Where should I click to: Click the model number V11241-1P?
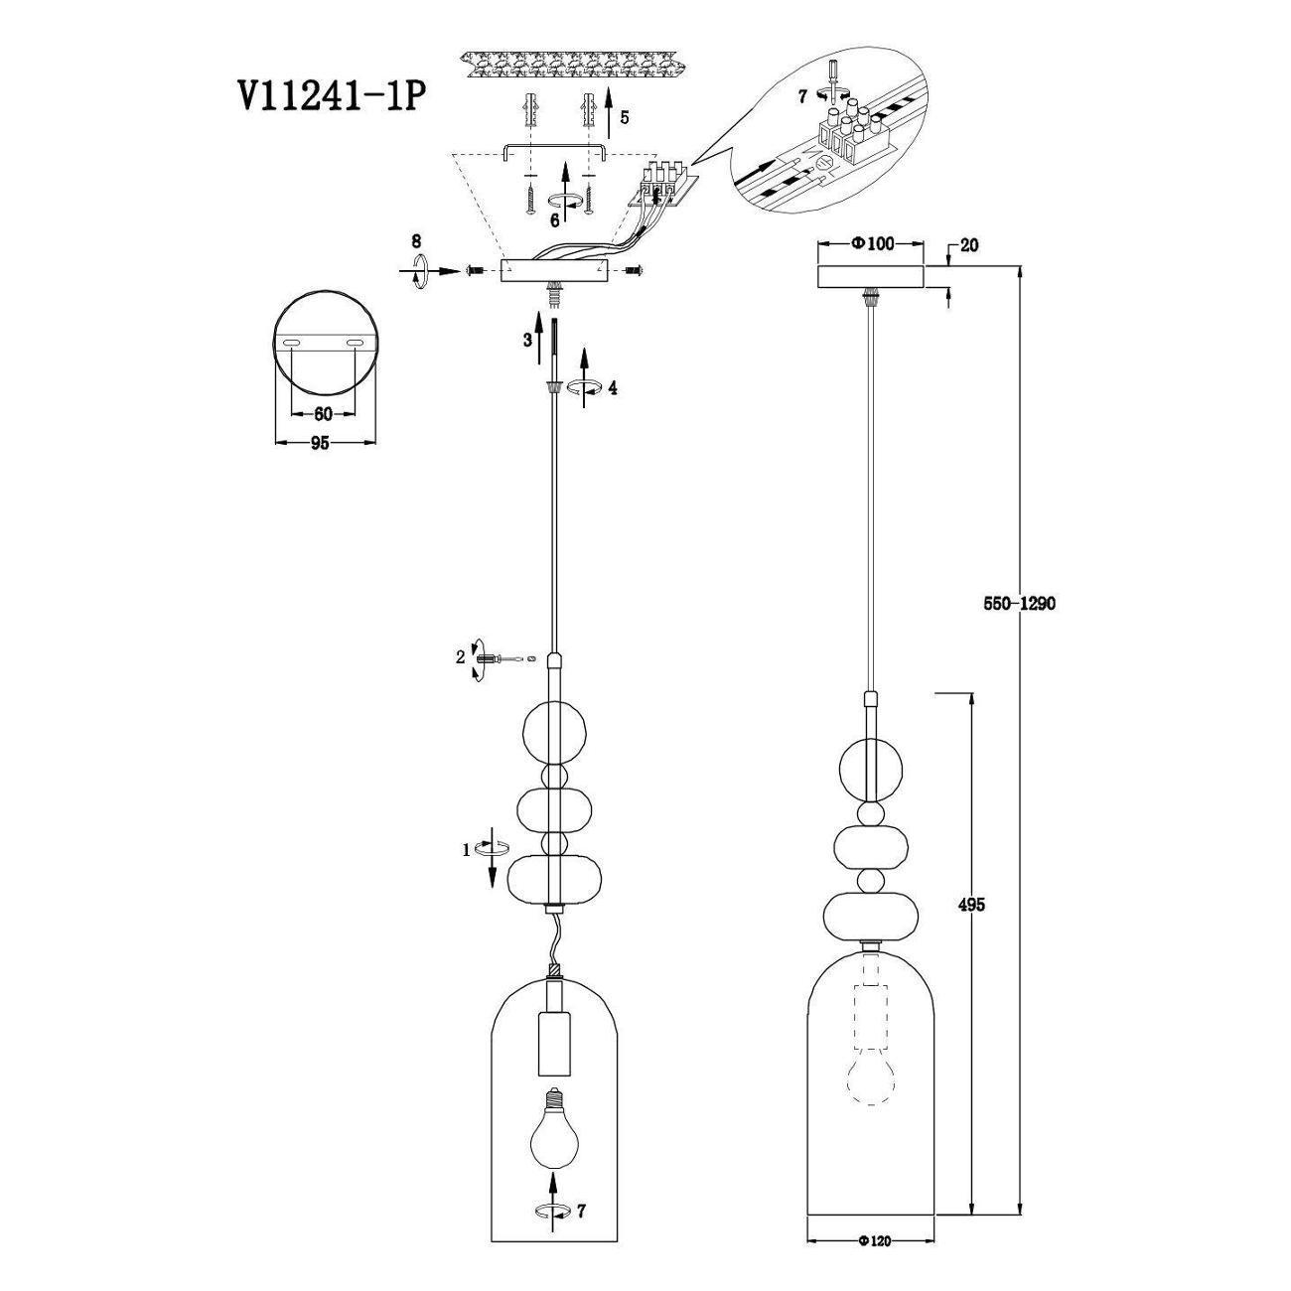click(x=331, y=97)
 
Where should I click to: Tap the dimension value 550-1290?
click(x=1019, y=604)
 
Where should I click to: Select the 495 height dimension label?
click(x=971, y=905)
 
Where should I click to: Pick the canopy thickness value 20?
click(x=969, y=245)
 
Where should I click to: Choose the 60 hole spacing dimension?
click(x=323, y=414)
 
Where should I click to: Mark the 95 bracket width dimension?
click(x=321, y=443)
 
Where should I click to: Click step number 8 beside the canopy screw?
click(x=417, y=240)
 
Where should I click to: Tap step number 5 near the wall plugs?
click(x=625, y=118)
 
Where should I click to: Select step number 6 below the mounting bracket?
click(x=555, y=220)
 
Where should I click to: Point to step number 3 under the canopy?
click(x=528, y=340)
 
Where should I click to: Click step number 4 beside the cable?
click(x=613, y=388)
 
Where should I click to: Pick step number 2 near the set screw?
click(x=460, y=657)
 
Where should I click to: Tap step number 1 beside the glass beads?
click(x=467, y=851)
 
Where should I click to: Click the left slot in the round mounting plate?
click(x=292, y=344)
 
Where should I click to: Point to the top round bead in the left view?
click(x=553, y=735)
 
